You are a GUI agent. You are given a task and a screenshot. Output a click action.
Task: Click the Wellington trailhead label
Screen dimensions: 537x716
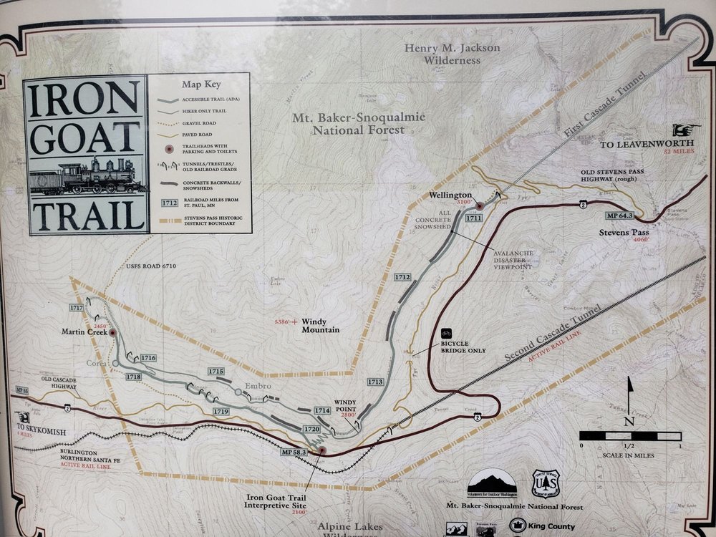click(450, 194)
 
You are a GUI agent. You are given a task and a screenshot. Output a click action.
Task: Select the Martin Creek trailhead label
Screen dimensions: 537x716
click(84, 331)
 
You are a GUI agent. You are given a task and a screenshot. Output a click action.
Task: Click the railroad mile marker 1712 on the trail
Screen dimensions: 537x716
click(402, 276)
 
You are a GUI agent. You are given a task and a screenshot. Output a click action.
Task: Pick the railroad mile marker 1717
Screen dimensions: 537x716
click(77, 307)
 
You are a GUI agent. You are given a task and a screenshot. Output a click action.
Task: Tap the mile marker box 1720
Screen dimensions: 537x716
click(311, 428)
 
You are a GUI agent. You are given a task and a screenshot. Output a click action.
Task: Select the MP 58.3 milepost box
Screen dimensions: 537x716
click(294, 452)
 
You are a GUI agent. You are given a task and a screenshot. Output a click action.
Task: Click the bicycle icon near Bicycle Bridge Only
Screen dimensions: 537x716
click(446, 333)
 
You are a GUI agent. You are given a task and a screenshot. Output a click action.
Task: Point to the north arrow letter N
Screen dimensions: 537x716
click(629, 421)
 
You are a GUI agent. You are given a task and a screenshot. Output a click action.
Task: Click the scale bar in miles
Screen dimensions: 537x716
click(629, 435)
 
